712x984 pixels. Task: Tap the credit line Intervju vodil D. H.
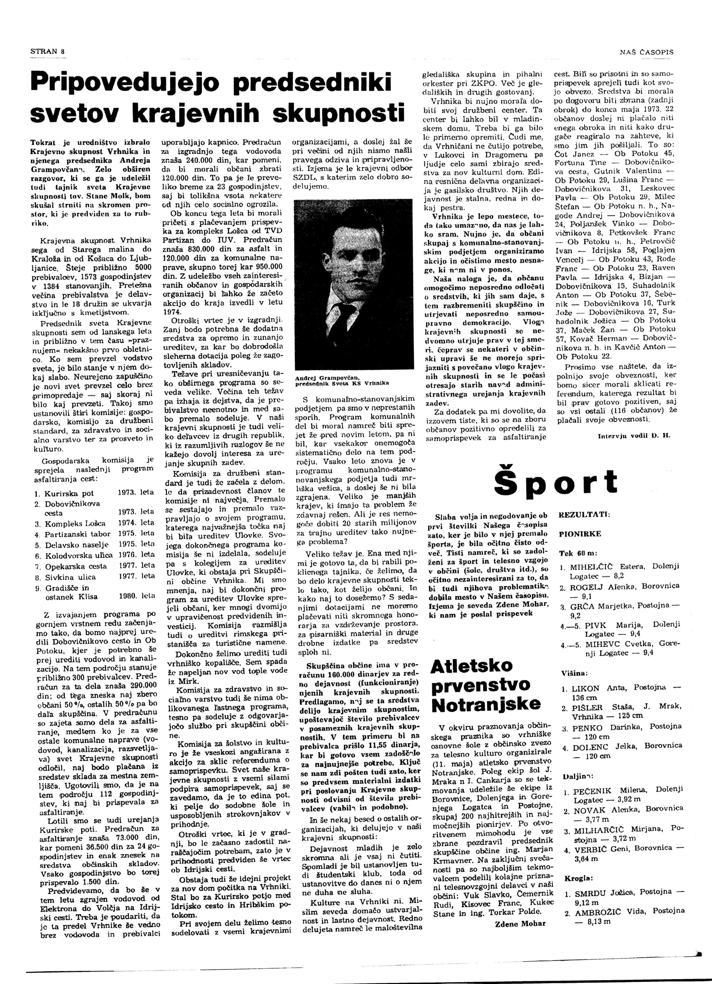[634, 436]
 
